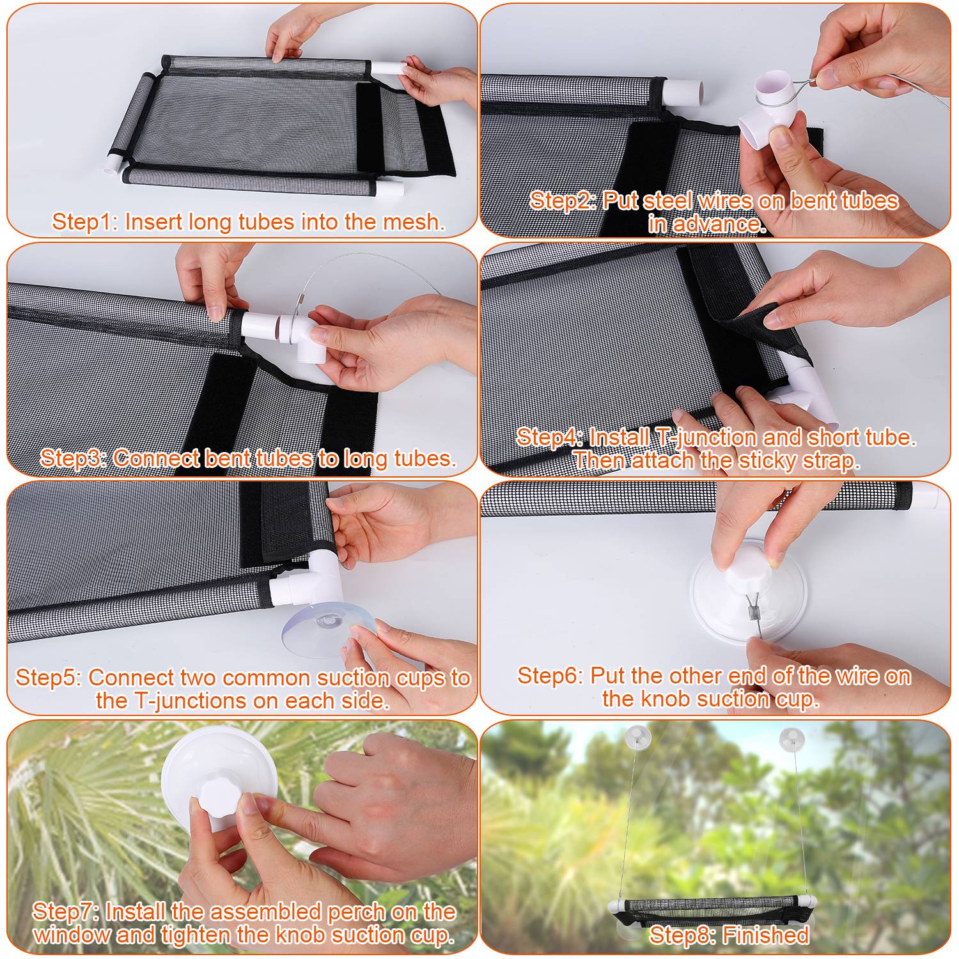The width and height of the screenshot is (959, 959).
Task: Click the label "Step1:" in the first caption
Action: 85,222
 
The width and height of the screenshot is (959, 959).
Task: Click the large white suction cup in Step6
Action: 748,591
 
